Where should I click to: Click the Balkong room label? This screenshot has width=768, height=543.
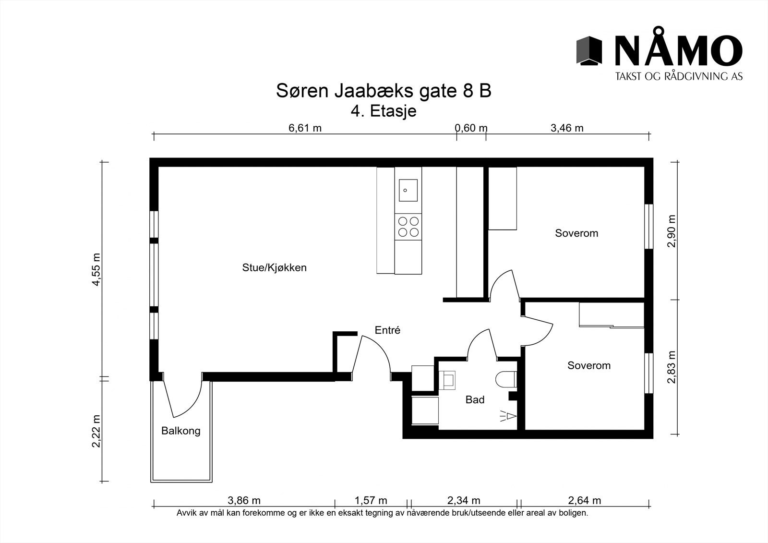tap(180, 431)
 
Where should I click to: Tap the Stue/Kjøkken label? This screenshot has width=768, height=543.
tap(274, 267)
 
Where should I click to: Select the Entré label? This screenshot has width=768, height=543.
tap(387, 330)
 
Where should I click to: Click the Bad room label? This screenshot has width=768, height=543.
tap(475, 399)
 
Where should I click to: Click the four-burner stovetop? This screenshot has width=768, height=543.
tap(408, 227)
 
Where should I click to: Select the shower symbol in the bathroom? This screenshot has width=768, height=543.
tap(508, 416)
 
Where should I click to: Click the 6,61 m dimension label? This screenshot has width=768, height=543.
tap(305, 128)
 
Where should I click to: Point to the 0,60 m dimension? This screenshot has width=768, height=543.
tap(471, 128)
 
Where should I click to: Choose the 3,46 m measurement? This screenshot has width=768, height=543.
tap(567, 128)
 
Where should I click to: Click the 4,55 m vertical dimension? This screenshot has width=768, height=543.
tap(97, 269)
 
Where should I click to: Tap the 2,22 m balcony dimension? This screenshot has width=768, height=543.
tap(97, 431)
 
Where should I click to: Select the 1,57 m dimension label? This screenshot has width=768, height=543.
tap(371, 501)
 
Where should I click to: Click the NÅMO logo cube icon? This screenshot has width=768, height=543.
tap(589, 50)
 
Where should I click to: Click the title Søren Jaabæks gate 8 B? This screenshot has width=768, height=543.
tap(384, 91)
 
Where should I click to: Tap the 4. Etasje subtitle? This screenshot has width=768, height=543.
tap(384, 111)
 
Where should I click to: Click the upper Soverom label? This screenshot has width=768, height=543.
tap(576, 233)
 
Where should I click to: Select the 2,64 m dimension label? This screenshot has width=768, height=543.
tap(584, 501)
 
